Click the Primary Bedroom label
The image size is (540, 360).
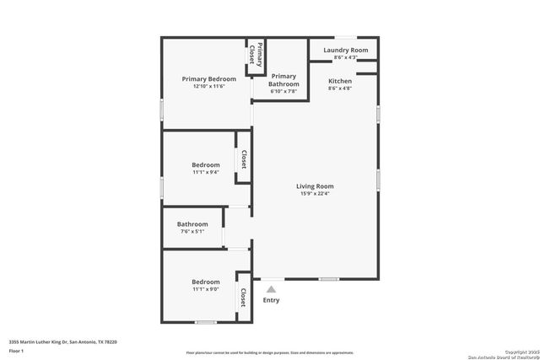(208, 79)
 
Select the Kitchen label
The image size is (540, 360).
(340, 81)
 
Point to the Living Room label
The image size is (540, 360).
(315, 186)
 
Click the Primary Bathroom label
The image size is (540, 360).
(283, 80)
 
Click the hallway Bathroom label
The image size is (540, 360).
(192, 224)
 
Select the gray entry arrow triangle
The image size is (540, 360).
(271, 288)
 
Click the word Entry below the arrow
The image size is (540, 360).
(271, 300)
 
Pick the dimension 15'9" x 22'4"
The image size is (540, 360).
(315, 194)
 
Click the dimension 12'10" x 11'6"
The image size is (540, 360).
(208, 87)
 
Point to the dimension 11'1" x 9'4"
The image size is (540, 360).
(205, 172)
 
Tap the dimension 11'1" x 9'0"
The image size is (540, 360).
(205, 289)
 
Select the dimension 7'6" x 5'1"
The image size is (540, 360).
(192, 231)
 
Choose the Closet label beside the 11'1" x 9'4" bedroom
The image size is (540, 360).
(243, 159)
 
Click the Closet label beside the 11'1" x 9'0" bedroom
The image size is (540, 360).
(243, 297)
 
